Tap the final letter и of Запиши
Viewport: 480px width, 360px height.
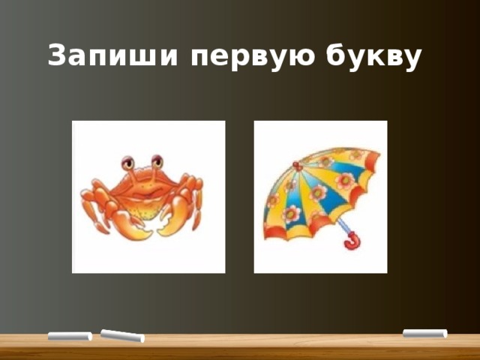pyautogui.click(x=169, y=58)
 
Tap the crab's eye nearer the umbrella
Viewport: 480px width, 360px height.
pyautogui.click(x=156, y=161)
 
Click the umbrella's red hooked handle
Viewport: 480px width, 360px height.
pyautogui.click(x=351, y=241)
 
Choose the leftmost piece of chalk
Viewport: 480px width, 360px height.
pyautogui.click(x=68, y=336)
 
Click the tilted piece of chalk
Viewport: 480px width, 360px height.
pyautogui.click(x=121, y=336)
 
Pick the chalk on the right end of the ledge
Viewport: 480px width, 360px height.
pyautogui.click(x=424, y=333)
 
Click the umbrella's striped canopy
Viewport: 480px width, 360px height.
pyautogui.click(x=319, y=187)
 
